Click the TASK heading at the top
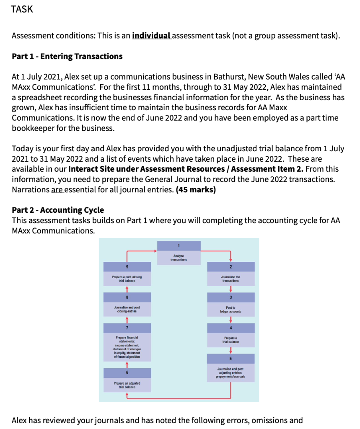click(x=22, y=9)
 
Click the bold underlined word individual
click(x=151, y=36)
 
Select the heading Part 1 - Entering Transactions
click(x=67, y=56)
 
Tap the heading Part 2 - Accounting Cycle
click(x=58, y=210)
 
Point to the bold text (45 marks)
click(x=196, y=189)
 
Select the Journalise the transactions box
click(x=231, y=278)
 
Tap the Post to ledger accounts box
click(x=231, y=309)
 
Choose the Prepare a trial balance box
click(x=231, y=339)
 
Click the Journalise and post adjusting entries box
click(x=231, y=372)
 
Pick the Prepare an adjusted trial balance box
click(x=127, y=385)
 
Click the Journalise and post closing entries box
click(x=127, y=309)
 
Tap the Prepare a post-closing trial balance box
click(x=127, y=278)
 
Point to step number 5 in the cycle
click(x=231, y=359)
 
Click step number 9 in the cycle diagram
click(x=127, y=267)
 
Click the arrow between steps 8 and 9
click(x=127, y=289)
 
